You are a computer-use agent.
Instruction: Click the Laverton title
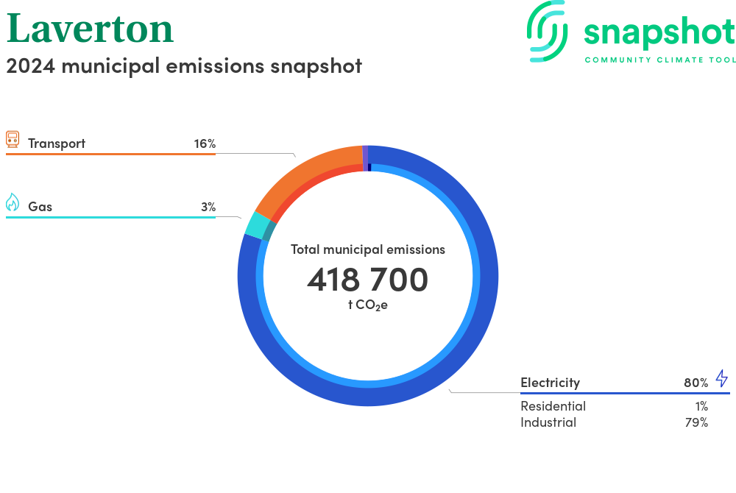pos(90,29)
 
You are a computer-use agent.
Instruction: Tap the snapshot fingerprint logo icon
pos(547,31)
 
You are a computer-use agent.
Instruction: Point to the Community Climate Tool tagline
pos(660,60)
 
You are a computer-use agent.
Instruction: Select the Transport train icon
pos(13,139)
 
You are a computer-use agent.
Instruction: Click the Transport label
pos(57,143)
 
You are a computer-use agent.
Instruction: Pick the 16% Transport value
pos(205,143)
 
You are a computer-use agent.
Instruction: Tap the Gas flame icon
pos(13,202)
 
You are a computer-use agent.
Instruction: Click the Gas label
pos(40,206)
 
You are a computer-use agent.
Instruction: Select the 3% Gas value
pos(208,207)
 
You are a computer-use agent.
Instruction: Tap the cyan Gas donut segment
pos(255,224)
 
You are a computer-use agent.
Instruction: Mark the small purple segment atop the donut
pos(365,158)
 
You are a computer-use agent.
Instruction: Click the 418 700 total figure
pos(367,280)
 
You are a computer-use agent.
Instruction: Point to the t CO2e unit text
pos(367,305)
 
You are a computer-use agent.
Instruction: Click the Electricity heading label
pos(550,383)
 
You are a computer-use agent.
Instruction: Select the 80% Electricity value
pos(696,383)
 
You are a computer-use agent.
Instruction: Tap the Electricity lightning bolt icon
pos(722,378)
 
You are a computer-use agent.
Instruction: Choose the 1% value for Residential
pos(701,406)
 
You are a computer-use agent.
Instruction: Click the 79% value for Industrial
pos(696,422)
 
